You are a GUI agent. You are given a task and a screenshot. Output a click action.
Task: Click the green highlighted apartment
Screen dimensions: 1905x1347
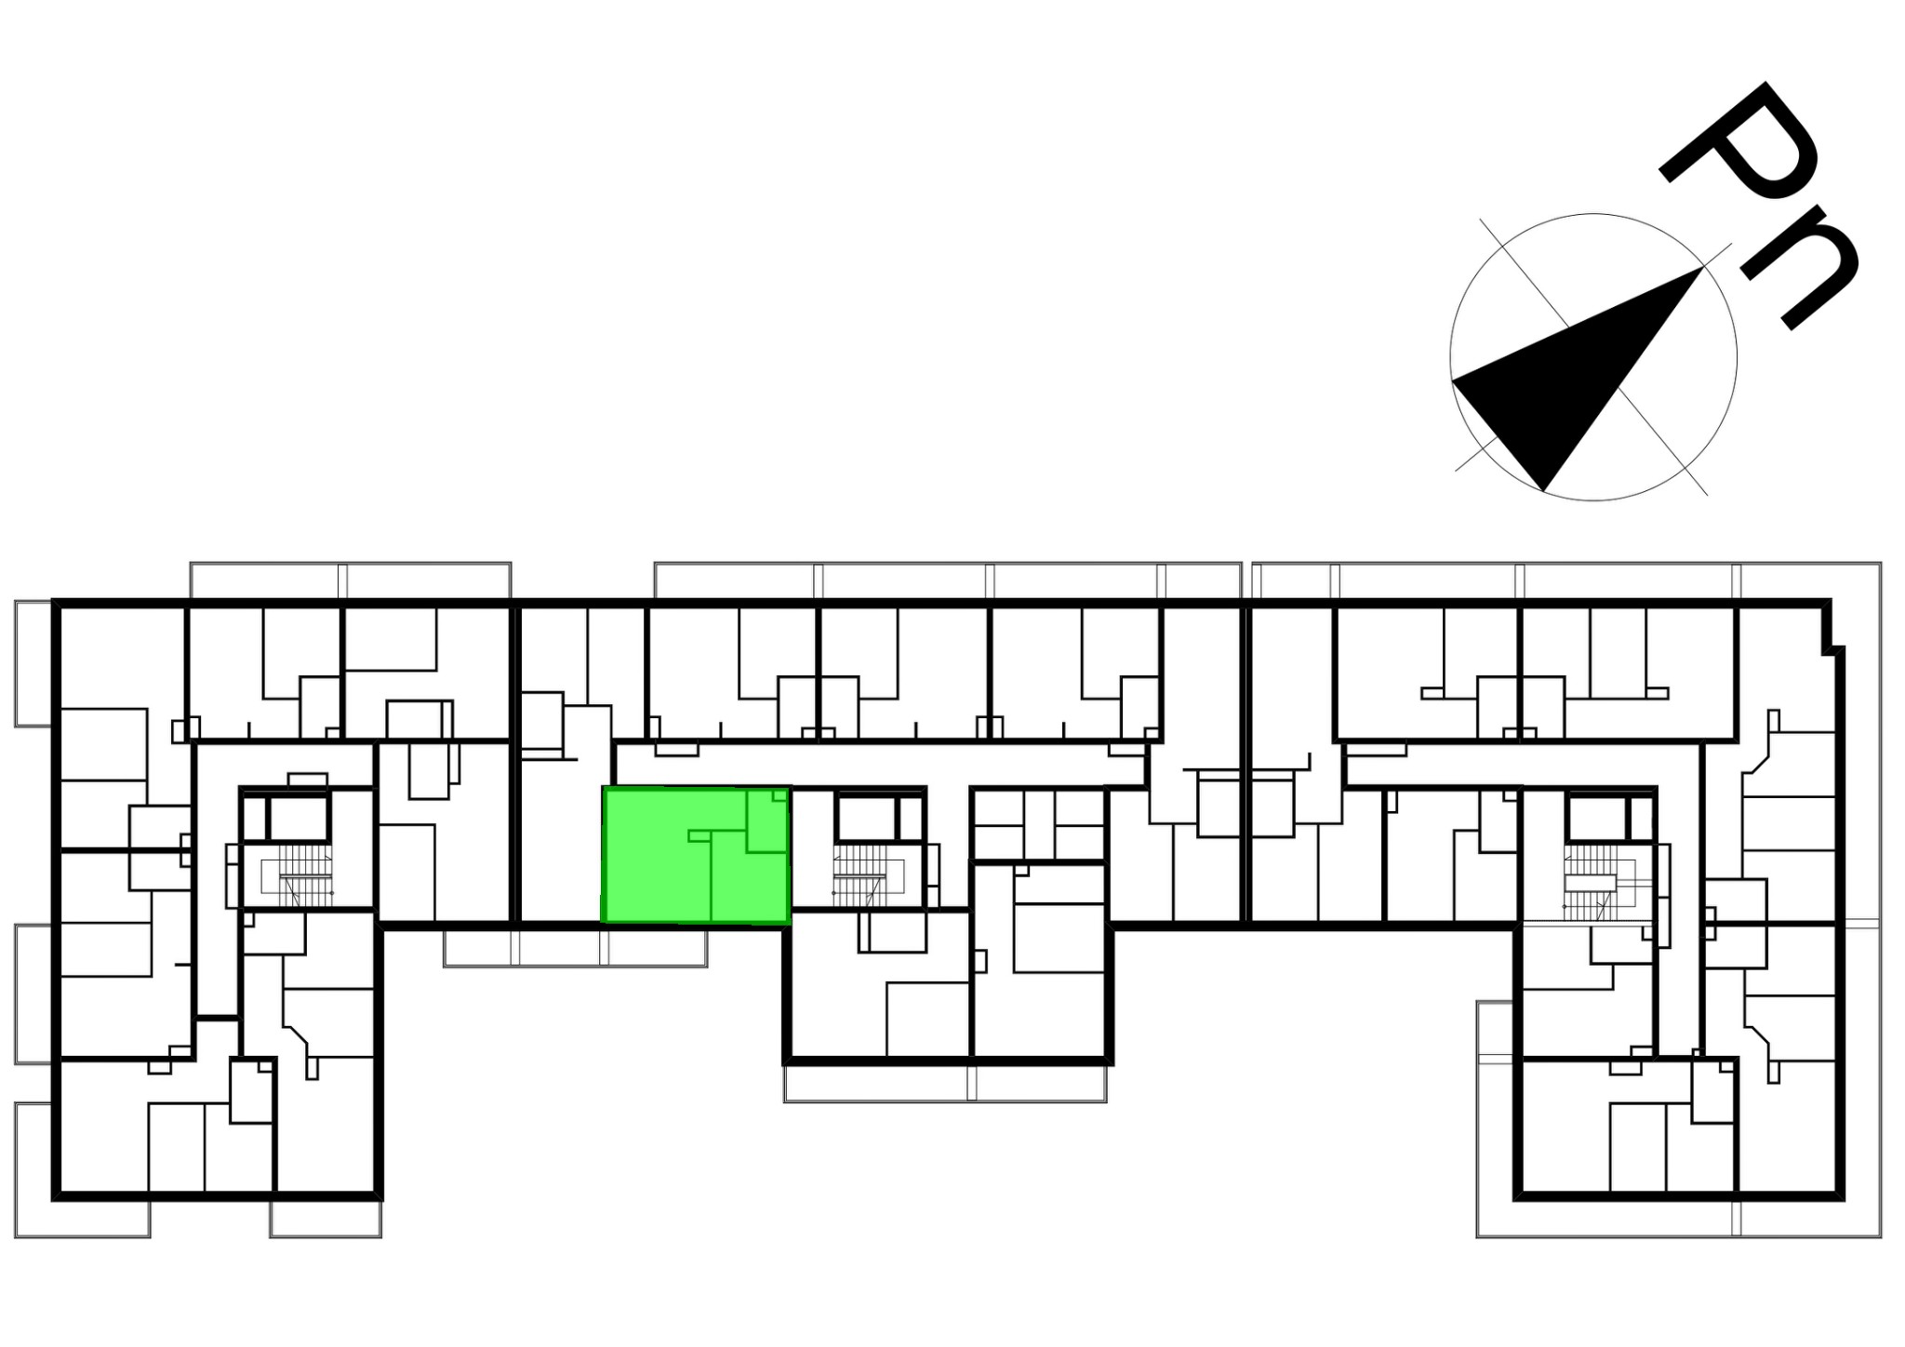click(696, 855)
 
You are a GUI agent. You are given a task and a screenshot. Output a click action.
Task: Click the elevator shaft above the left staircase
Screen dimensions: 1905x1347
click(298, 818)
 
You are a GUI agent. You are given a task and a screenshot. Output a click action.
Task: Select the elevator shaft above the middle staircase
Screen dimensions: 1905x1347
click(866, 818)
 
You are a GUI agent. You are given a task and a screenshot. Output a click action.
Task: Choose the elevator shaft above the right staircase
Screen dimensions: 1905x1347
click(1596, 818)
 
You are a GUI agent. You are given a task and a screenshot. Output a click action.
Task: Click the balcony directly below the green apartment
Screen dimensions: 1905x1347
click(575, 947)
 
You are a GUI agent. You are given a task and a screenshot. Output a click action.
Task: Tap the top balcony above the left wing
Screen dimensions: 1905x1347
click(351, 580)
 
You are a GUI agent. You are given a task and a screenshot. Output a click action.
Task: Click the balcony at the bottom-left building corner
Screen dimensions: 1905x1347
click(82, 1170)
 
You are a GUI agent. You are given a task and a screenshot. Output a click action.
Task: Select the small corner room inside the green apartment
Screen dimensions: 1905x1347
click(767, 821)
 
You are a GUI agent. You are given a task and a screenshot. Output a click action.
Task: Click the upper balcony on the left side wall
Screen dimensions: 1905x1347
click(33, 663)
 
